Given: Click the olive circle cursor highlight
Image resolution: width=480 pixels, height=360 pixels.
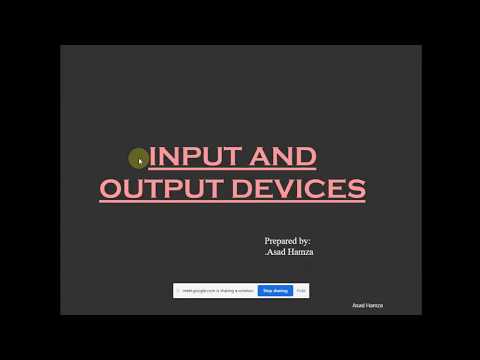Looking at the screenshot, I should (x=139, y=158).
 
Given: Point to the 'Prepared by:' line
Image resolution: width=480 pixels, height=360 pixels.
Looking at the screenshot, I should (x=287, y=241).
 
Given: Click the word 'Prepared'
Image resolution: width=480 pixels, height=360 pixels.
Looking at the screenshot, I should (x=281, y=241).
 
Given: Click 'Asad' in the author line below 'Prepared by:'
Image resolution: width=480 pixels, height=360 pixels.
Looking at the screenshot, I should (x=277, y=252).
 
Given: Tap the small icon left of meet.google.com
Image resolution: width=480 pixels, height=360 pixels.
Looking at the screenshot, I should (x=179, y=291).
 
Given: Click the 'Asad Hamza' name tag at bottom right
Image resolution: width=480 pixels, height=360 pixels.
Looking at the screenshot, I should (x=367, y=305).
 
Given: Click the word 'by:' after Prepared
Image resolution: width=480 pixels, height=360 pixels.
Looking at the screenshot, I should (x=304, y=241).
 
